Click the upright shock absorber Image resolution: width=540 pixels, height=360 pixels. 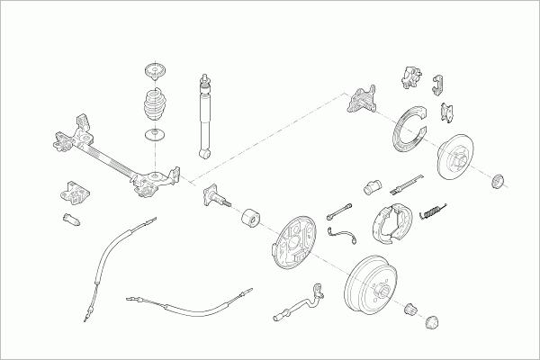click(x=204, y=117)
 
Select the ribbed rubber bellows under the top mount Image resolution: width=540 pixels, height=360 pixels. click(x=156, y=109)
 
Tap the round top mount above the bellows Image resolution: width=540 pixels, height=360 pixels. click(x=157, y=72)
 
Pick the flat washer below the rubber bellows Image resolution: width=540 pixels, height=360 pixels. click(x=156, y=136)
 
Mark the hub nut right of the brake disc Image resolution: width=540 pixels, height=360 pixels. click(x=497, y=184)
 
